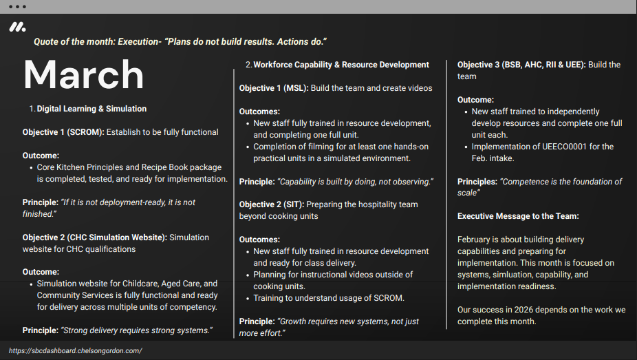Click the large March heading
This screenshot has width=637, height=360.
pos(83,74)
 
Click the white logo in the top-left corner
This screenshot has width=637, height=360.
pos(17,28)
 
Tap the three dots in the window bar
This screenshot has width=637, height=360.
pos(17,6)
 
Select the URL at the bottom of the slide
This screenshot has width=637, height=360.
pos(76,350)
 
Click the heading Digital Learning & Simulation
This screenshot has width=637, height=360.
pos(91,109)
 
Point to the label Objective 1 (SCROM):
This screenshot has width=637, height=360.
pos(63,132)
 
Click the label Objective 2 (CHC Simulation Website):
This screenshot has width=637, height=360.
pos(95,237)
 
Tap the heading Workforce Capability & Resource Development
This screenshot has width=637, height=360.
pos(341,65)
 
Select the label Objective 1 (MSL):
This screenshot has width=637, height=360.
pos(274,88)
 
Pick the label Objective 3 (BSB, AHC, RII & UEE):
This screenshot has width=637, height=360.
pos(521,65)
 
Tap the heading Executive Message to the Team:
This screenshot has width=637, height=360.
pos(518,216)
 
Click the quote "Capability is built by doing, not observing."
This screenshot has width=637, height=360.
pos(356,182)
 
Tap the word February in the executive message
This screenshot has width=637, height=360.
pos(477,240)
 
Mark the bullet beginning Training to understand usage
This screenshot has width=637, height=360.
pos(329,298)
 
